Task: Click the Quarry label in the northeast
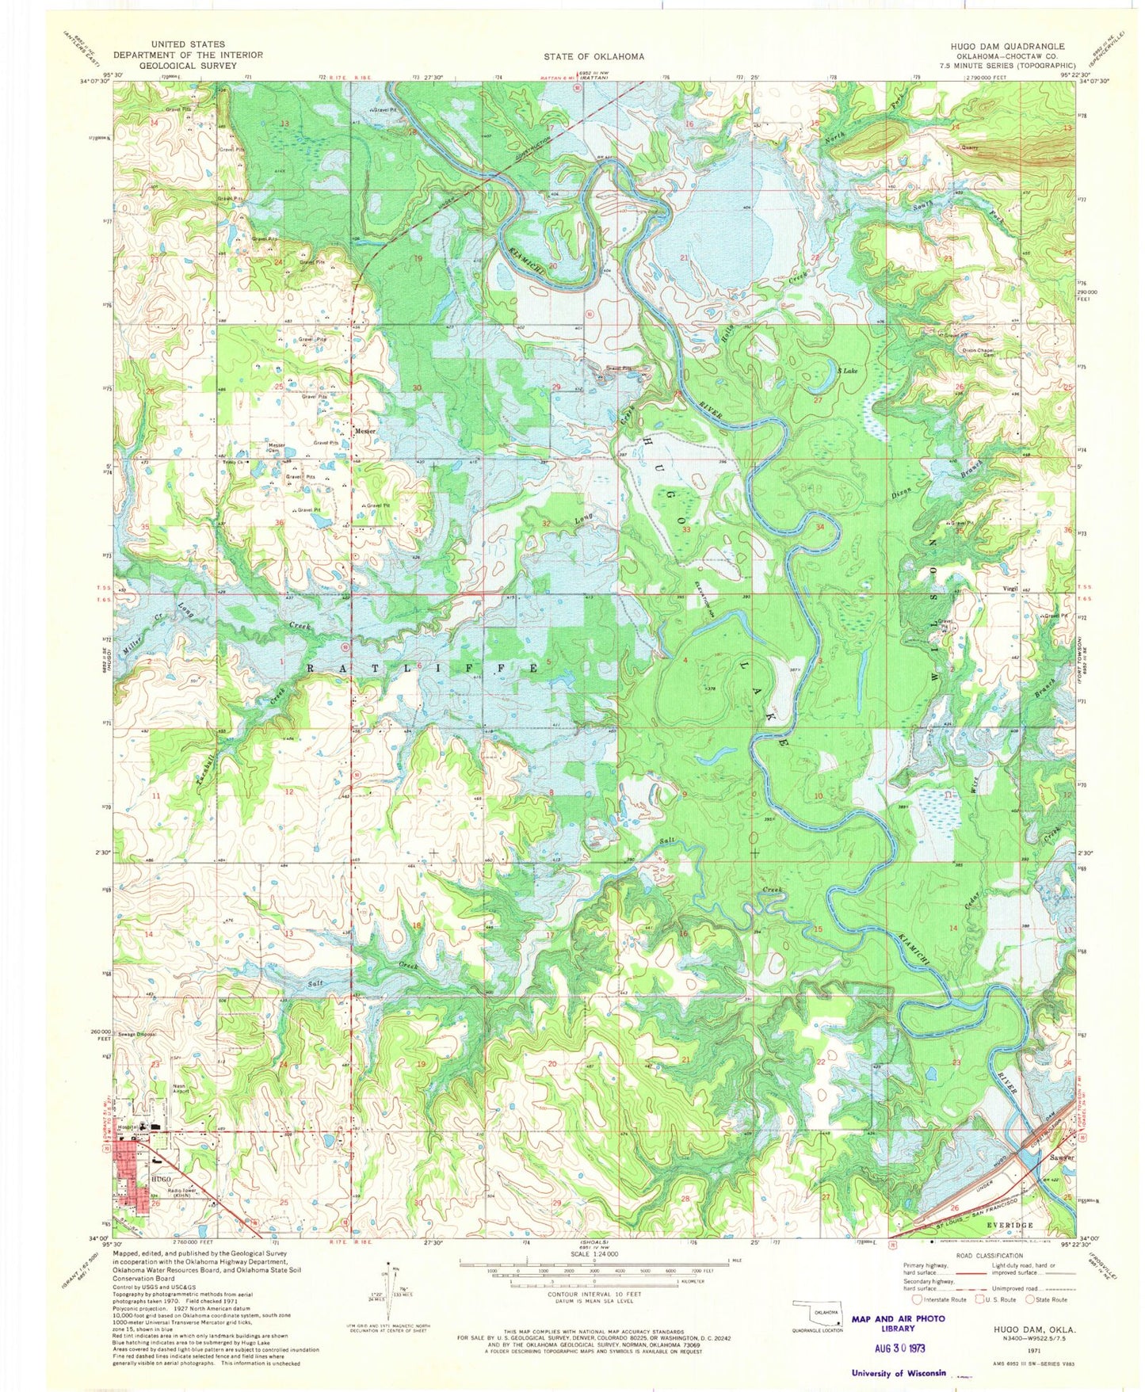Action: coord(970,147)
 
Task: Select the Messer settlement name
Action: coord(365,431)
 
